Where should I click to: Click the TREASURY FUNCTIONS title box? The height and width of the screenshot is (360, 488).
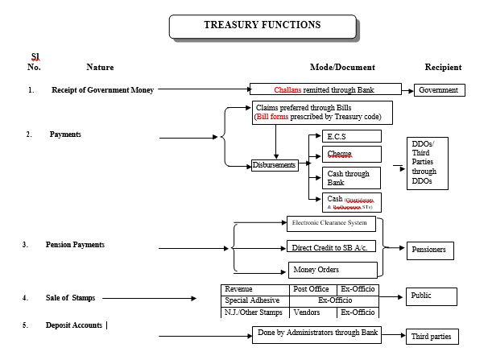click(262, 25)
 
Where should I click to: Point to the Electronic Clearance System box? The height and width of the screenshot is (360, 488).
click(330, 223)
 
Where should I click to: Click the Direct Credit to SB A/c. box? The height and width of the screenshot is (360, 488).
click(332, 246)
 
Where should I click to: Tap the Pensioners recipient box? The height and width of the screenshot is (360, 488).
click(431, 249)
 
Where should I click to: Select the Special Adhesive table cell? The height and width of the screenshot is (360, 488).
click(254, 300)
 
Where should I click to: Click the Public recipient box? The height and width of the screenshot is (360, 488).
click(431, 296)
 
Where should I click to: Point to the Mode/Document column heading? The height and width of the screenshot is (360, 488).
click(342, 67)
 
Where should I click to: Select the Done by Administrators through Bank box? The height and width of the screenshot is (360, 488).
click(316, 332)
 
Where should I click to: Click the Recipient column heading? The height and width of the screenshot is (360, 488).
click(444, 67)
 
